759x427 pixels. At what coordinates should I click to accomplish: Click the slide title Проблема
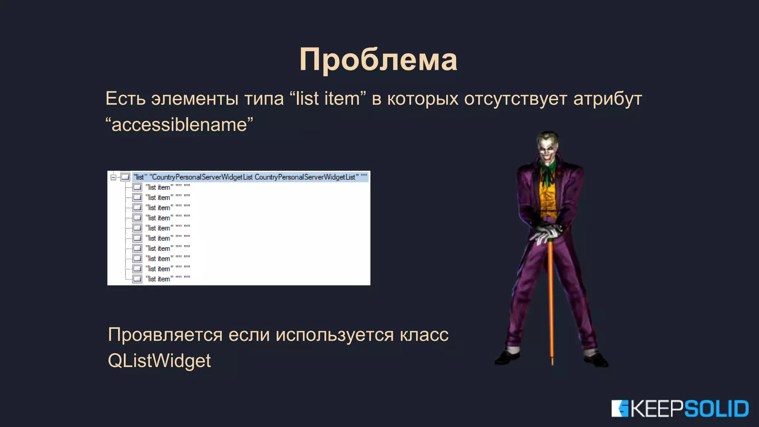[x=378, y=60]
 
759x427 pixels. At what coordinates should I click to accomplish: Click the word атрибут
[x=607, y=99]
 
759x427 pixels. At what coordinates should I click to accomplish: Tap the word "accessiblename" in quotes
[x=179, y=125]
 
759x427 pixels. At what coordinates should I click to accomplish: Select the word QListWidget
[x=159, y=361]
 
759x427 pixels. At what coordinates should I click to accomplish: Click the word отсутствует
[x=516, y=99]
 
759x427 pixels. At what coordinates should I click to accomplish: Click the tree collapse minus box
[x=113, y=177]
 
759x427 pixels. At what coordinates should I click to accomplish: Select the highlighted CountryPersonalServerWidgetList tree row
[x=250, y=177]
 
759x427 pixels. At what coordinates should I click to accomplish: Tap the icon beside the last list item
[x=137, y=279]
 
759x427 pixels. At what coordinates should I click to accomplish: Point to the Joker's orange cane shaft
[x=551, y=297]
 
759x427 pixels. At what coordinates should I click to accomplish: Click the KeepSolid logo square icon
[x=620, y=409]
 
